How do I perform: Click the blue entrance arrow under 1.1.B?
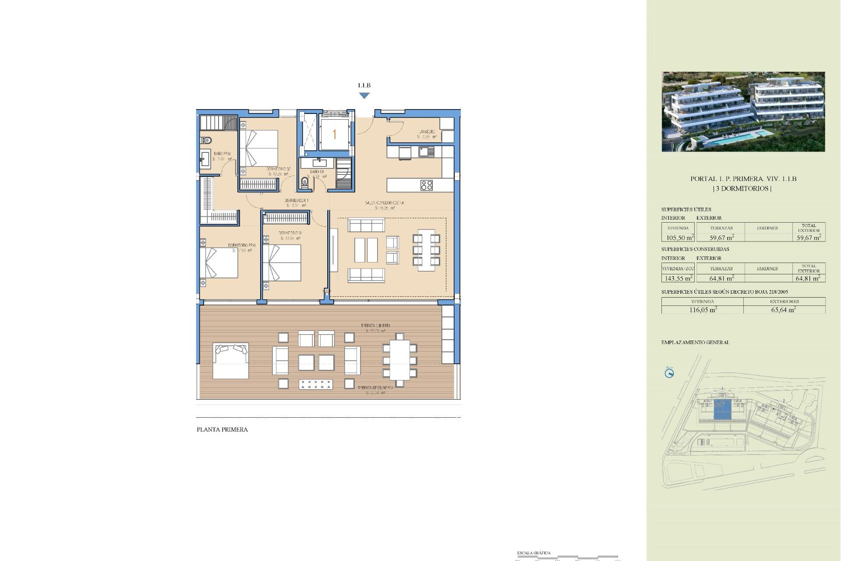[364, 96]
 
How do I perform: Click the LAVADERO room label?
[426, 131]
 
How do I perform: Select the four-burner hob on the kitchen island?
[426, 185]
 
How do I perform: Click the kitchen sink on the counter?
[426, 152]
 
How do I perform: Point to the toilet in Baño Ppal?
[206, 141]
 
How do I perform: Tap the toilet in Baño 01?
[305, 182]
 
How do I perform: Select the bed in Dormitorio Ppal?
[219, 263]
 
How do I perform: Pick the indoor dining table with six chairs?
[426, 250]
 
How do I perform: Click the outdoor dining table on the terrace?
[399, 360]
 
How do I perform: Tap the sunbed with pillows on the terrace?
[230, 361]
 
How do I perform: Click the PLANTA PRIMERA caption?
[222, 430]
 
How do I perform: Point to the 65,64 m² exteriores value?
[783, 309]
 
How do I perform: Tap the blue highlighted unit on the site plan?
[722, 409]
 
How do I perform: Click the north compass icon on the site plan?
[669, 373]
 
